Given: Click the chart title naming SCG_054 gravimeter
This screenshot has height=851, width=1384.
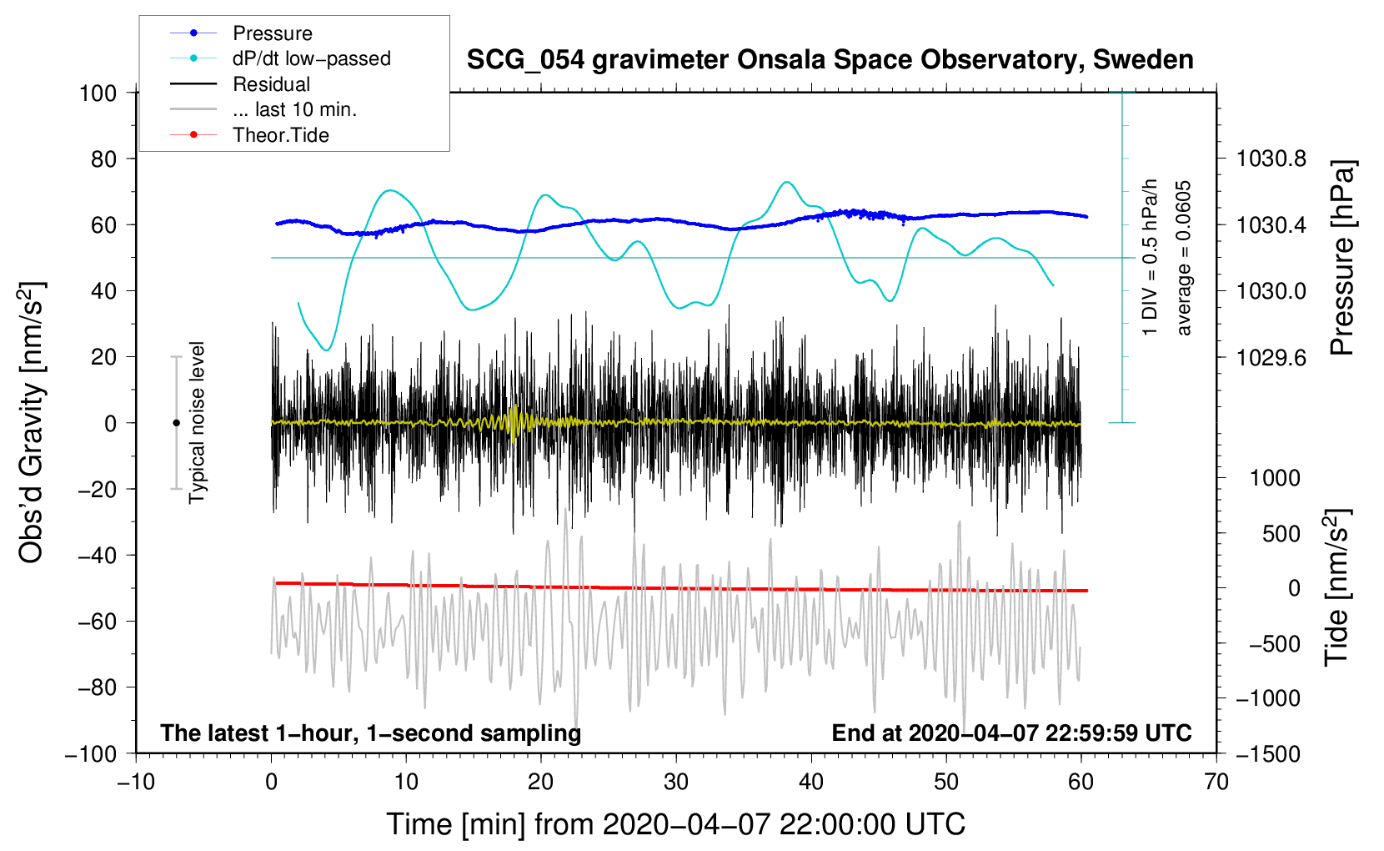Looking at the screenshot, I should pyautogui.click(x=830, y=60).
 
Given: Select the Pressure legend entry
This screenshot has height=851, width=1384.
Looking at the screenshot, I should pyautogui.click(x=272, y=33).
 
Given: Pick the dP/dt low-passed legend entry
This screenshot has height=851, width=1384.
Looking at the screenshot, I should pyautogui.click(x=311, y=58).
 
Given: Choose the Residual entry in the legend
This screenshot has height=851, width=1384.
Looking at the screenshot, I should pyautogui.click(x=271, y=84).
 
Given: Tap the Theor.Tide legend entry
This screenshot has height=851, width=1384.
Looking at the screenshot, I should pyautogui.click(x=280, y=135).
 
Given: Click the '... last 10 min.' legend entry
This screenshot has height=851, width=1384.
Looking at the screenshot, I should pyautogui.click(x=294, y=109).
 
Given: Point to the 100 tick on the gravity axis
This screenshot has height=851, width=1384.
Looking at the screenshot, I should pyautogui.click(x=98, y=93).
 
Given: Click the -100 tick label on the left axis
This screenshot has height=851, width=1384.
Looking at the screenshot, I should pyautogui.click(x=91, y=753).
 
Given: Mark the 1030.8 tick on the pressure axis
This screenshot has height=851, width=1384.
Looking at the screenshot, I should pyautogui.click(x=1271, y=159).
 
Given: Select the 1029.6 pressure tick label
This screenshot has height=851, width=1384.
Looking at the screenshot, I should pyautogui.click(x=1271, y=357).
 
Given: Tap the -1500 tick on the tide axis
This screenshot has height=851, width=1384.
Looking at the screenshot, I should pyautogui.click(x=1267, y=753).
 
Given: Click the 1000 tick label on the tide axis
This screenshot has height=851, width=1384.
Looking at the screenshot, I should pyautogui.click(x=1275, y=478).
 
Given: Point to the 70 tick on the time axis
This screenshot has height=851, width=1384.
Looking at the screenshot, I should pyautogui.click(x=1216, y=782).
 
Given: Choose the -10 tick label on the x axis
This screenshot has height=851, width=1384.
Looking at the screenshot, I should pyautogui.click(x=136, y=782).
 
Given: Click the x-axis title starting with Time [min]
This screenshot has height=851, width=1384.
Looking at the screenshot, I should pyautogui.click(x=675, y=824).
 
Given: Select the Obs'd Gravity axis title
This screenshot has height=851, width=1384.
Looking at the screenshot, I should pyautogui.click(x=32, y=422).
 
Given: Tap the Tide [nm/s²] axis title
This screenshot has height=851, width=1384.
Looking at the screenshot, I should pyautogui.click(x=1336, y=587).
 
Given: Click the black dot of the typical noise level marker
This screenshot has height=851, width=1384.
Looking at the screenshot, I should pyautogui.click(x=176, y=423).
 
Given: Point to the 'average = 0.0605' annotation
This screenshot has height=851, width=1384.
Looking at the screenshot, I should pyautogui.click(x=1184, y=259).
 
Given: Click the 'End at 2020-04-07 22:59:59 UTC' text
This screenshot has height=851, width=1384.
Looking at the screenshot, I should pyautogui.click(x=1011, y=733).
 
